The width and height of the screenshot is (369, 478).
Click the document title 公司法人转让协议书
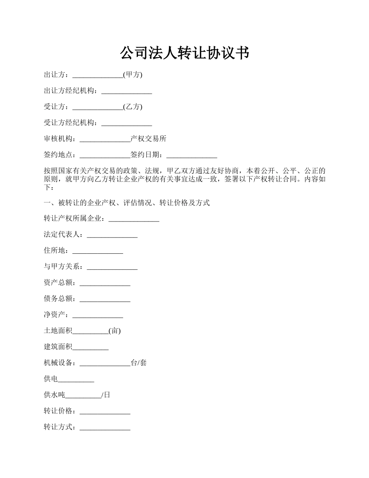click(184, 53)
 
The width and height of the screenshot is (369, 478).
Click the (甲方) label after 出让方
click(133, 75)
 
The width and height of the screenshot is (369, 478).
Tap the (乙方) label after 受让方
click(133, 107)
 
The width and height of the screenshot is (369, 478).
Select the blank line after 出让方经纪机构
click(127, 92)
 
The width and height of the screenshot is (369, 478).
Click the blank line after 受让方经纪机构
click(127, 124)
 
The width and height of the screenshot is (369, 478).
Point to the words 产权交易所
click(148, 139)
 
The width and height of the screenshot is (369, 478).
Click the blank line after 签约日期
click(191, 155)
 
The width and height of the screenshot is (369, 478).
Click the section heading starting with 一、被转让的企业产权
click(127, 202)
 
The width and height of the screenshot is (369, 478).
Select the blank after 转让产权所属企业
click(134, 220)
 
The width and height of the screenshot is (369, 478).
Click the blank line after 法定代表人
click(112, 236)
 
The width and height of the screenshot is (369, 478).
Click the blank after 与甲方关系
click(112, 267)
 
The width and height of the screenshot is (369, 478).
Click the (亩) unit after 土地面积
click(115, 331)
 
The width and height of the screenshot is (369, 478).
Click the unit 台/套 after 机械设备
click(139, 363)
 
